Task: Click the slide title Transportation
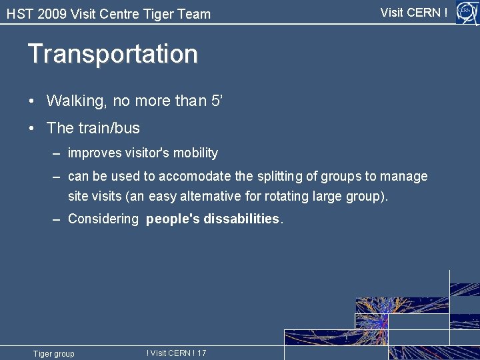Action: tap(113, 54)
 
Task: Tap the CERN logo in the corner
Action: tap(466, 12)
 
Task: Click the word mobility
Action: tap(195, 153)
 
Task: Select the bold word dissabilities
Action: tap(241, 219)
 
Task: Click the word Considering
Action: tap(103, 219)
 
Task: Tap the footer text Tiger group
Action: tap(54, 353)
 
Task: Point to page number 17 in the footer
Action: tap(201, 353)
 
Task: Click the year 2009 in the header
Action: tap(51, 14)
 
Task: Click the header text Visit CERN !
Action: tap(413, 12)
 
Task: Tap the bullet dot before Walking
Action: tap(32, 101)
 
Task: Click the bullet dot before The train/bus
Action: tap(32, 128)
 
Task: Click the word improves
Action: tap(94, 153)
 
